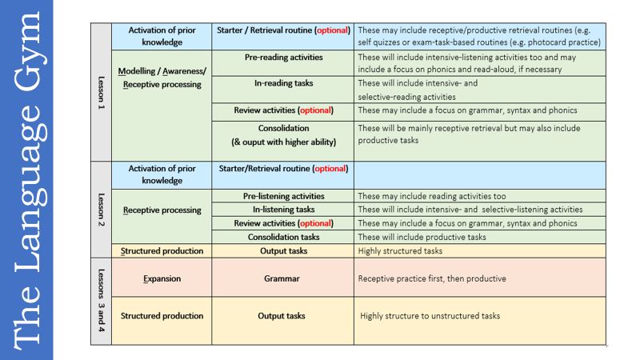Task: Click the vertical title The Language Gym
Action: (26, 180)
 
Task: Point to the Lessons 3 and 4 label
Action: (101, 301)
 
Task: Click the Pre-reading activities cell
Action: (283, 58)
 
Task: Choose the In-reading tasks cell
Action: (283, 83)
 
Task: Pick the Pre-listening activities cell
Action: (283, 196)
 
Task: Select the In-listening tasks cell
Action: (283, 210)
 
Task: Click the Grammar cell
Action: (283, 278)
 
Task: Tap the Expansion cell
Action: (162, 278)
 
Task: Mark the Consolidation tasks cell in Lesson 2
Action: (283, 237)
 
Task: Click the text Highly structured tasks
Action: (400, 250)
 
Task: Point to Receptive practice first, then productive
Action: (432, 278)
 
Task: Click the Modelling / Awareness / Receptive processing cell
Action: (162, 78)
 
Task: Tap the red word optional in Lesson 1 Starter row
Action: (332, 30)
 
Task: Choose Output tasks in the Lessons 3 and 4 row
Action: (283, 316)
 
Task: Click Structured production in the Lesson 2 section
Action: (162, 250)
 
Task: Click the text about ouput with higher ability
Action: (283, 142)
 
